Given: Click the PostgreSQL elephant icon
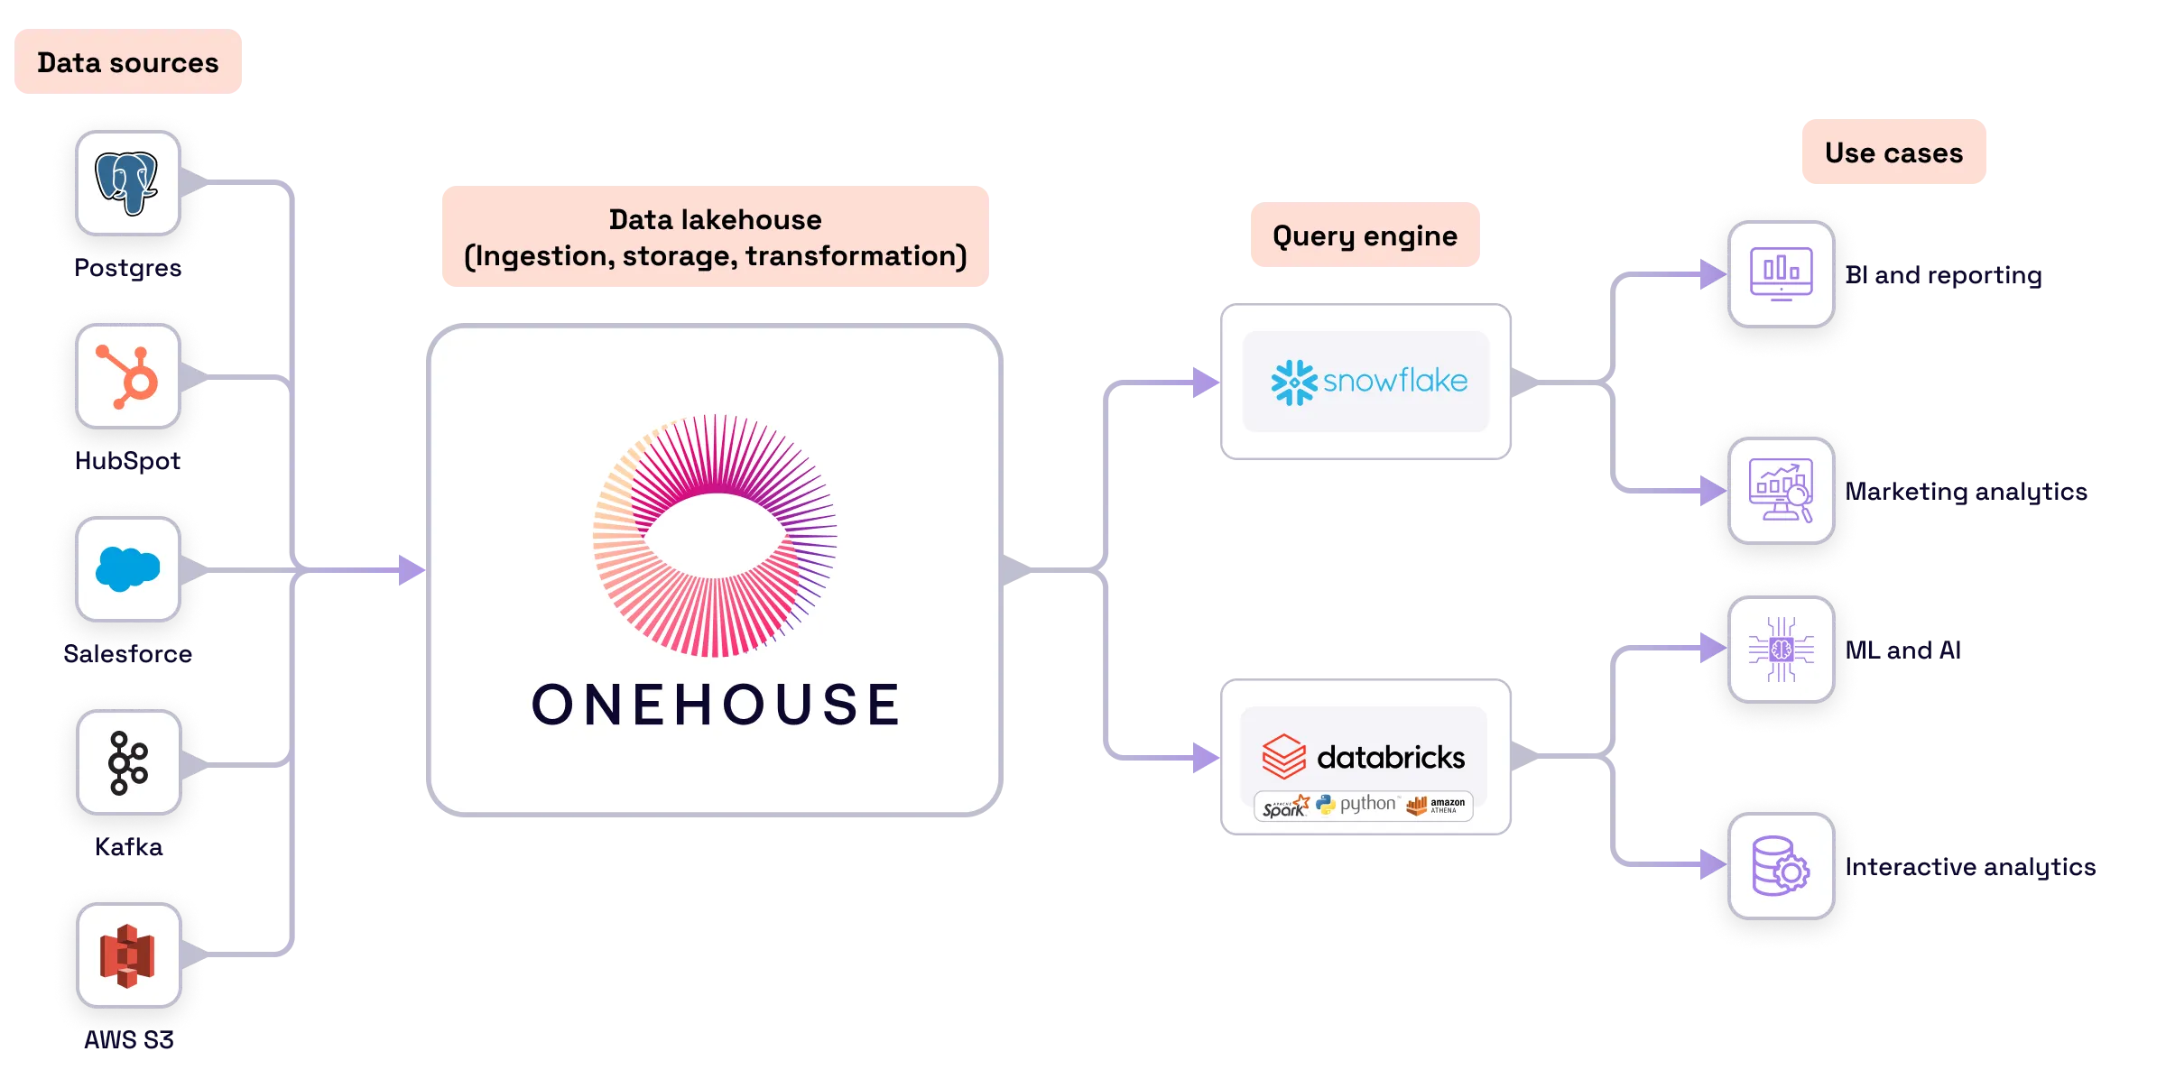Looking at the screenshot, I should click(127, 183).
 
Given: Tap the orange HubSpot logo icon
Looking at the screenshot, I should click(128, 376).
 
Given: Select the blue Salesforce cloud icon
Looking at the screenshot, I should click(128, 569).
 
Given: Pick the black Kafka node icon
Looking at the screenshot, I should click(128, 763).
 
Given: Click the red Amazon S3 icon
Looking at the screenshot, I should click(128, 956).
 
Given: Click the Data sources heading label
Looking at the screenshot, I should click(129, 62).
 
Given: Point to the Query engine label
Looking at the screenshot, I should click(1364, 235).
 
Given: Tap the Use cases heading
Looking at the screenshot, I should click(1893, 152).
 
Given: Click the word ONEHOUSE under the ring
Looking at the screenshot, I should click(716, 705).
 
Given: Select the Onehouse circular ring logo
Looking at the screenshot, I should click(715, 536).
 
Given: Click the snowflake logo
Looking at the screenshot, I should click(1368, 382).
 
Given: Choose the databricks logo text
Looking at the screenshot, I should click(1390, 757).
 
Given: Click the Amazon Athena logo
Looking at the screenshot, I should click(1436, 806).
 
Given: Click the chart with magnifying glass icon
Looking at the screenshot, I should click(1781, 491).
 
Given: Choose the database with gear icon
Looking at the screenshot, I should click(1781, 866).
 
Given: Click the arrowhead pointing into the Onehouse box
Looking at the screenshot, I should click(411, 570).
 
